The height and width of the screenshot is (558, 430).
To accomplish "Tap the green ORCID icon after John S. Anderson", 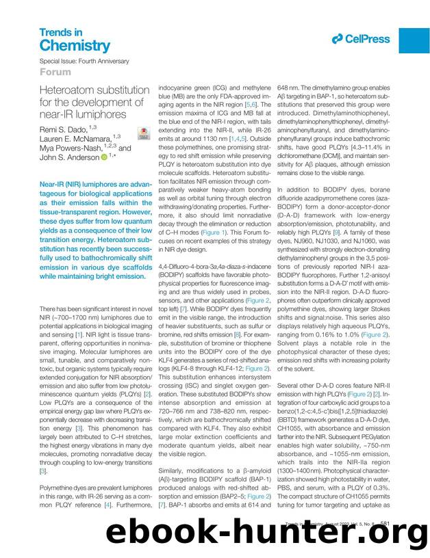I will [105, 157].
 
